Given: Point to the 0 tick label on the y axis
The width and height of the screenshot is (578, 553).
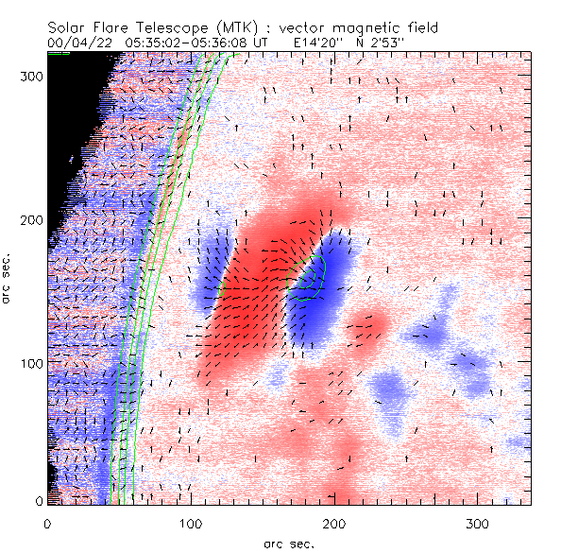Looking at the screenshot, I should coord(38,500).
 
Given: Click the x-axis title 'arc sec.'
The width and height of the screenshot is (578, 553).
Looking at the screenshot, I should coord(288,544).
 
